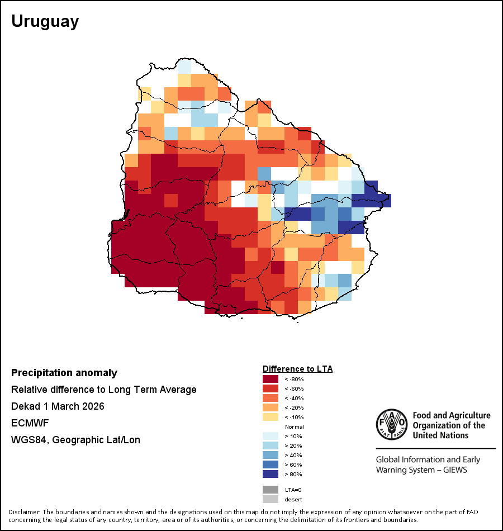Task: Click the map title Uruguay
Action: point(45,22)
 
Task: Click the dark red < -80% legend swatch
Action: point(271,379)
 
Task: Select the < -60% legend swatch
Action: point(271,388)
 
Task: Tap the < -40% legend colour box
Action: point(271,398)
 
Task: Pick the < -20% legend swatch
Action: point(271,407)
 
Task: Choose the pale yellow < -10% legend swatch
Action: point(271,417)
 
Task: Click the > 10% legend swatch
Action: point(271,436)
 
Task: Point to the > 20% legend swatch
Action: point(271,445)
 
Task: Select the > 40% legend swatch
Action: point(271,455)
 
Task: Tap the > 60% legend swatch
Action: point(271,464)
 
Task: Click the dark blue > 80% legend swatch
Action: point(271,474)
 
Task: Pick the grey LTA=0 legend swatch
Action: point(271,490)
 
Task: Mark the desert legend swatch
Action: point(271,499)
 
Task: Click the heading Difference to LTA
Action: point(297,369)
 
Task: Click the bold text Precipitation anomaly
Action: point(64,373)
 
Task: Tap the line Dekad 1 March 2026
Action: point(58,406)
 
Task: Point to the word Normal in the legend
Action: point(294,426)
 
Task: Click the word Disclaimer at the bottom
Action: point(23,512)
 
